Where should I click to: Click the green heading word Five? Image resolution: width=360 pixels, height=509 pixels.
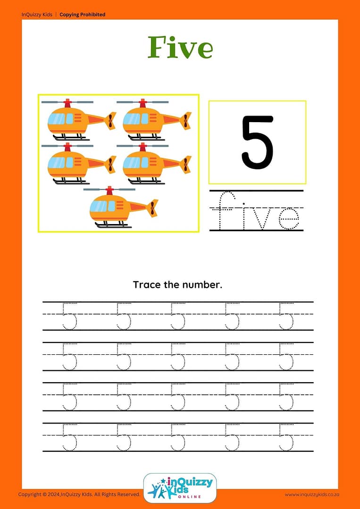coord(180,48)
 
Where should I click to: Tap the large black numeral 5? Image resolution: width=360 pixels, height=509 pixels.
coord(258,142)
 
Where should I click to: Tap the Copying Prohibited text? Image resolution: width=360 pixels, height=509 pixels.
coord(83,15)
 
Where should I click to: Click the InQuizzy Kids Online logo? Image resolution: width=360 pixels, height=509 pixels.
coord(180,488)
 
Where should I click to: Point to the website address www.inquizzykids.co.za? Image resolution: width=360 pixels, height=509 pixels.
coord(312,495)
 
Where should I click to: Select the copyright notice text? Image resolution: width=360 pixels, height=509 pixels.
coord(79,494)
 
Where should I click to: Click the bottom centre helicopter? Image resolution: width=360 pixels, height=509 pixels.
coord(121,207)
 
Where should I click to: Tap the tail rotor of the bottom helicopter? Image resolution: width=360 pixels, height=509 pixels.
coord(152,208)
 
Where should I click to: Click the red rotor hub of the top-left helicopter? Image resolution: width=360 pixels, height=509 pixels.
coord(67,103)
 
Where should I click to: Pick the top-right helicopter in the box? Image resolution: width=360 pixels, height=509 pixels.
coord(154,119)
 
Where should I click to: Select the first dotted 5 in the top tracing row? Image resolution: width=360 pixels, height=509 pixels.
coord(69,316)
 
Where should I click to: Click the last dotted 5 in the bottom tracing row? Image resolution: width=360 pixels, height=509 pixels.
coord(286,437)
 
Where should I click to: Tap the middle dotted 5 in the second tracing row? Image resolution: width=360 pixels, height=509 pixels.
coord(177,357)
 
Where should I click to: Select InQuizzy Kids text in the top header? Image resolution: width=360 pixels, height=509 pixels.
coord(37,15)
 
